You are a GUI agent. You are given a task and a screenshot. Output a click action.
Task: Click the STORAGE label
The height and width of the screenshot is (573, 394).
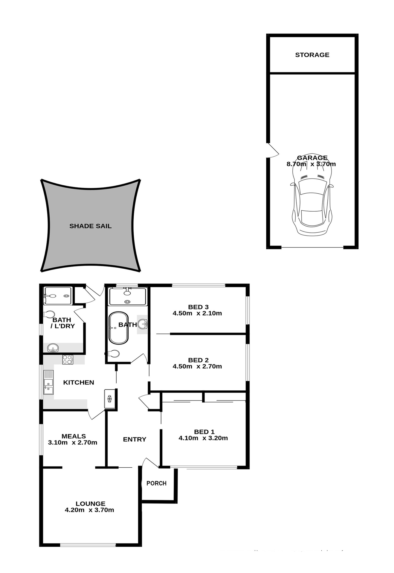312,55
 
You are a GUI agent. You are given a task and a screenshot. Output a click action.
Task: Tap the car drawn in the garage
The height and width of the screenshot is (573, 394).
312,203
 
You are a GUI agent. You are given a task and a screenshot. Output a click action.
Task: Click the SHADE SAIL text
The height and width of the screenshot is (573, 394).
90,226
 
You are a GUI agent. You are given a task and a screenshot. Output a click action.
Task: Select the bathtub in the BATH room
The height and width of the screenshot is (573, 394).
118,328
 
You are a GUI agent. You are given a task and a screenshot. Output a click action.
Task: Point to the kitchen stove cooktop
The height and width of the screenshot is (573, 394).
68,359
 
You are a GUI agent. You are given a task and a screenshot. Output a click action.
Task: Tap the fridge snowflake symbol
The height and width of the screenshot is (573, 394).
109,398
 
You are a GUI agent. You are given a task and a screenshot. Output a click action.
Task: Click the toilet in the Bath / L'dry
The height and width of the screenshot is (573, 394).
49,314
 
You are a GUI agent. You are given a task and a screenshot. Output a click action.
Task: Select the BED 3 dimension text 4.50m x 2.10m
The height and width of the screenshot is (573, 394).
197,313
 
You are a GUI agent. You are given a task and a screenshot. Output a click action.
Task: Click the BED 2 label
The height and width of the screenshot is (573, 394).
198,360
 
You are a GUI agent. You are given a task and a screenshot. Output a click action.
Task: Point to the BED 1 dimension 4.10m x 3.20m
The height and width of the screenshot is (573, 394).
203,438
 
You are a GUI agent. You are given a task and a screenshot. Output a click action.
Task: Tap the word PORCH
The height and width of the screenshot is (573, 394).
156,483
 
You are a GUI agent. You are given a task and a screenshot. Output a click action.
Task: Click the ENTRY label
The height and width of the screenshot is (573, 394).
135,439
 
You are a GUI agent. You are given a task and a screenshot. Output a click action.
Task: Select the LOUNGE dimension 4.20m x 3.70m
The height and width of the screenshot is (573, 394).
89,510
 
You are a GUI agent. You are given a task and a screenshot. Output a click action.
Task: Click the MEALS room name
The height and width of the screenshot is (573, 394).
74,436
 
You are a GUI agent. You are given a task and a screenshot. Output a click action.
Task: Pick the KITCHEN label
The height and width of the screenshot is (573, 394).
79,382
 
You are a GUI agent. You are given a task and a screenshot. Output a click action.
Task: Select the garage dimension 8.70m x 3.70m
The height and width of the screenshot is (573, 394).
311,164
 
